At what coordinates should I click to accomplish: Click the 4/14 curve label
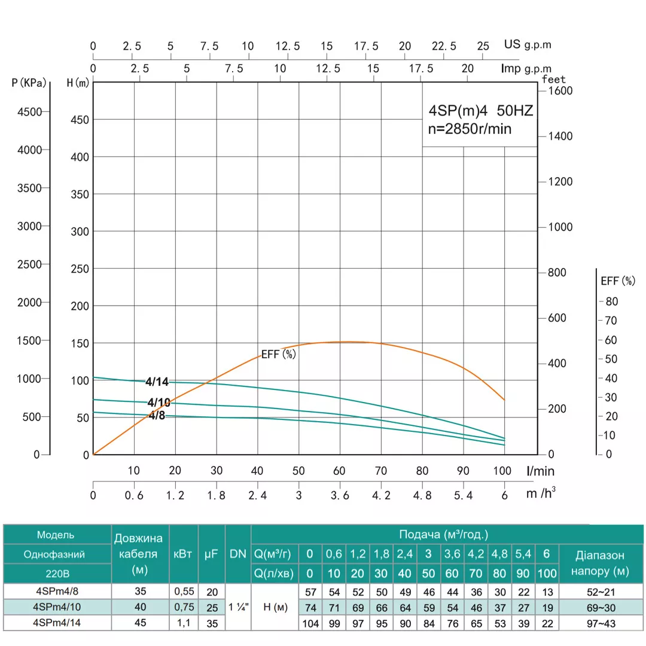tap(157, 382)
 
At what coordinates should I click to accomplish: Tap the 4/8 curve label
tap(156, 416)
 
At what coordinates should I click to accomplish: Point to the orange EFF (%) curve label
tap(279, 354)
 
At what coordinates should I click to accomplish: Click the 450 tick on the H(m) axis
tap(80, 120)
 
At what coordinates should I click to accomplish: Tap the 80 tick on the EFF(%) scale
tap(612, 301)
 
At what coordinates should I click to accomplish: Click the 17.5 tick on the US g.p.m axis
tap(366, 46)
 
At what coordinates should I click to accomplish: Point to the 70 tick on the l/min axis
tap(381, 471)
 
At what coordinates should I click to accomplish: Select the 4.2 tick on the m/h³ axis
tap(381, 496)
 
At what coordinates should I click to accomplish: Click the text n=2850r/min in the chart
tap(471, 129)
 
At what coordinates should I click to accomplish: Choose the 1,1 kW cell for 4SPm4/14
tap(183, 623)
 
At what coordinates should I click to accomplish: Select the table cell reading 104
tap(310, 623)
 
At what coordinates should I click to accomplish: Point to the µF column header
tap(211, 554)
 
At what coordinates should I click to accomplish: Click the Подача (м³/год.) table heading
tap(443, 534)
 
